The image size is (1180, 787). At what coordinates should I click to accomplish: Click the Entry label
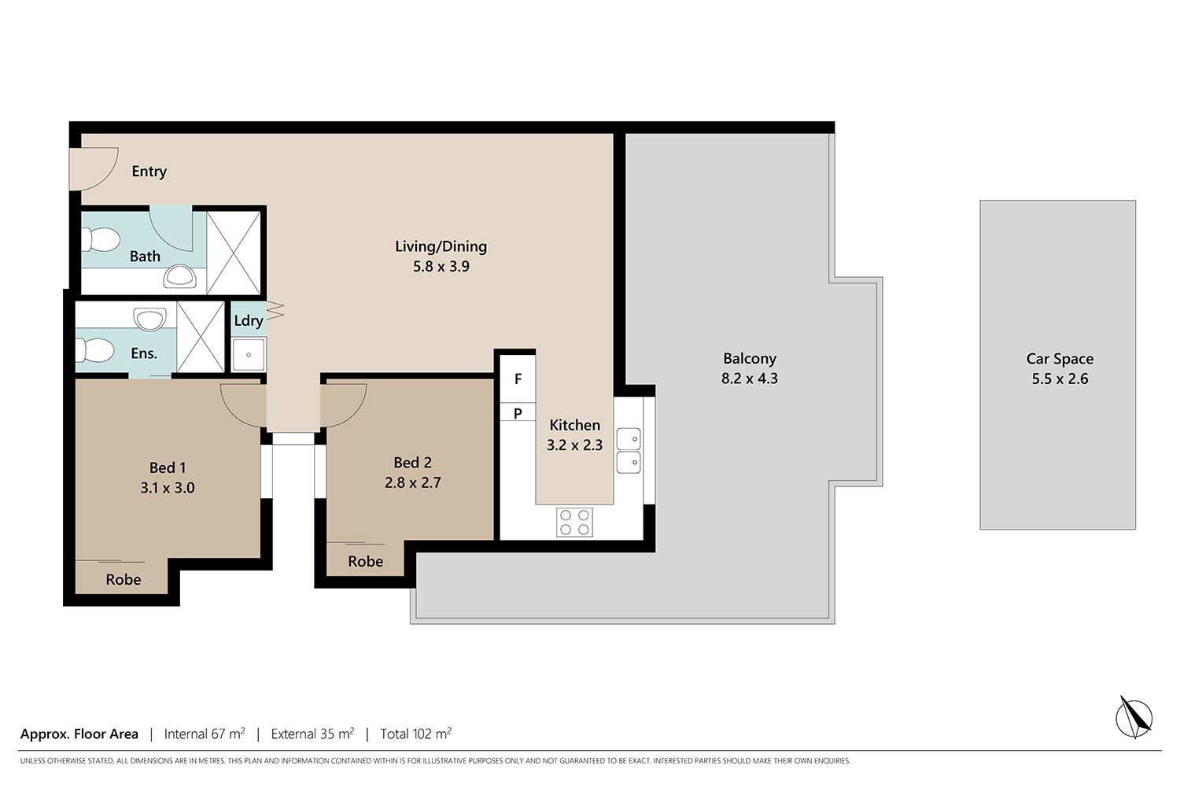149,172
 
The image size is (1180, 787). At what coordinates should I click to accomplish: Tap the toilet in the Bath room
100,239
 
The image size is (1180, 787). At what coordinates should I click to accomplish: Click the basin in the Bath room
179,277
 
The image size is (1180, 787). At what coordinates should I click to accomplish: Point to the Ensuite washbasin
149,320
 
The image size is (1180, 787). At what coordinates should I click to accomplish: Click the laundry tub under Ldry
249,354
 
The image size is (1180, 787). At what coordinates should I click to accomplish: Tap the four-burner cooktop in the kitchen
574,523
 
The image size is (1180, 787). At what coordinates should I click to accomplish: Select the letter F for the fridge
518,379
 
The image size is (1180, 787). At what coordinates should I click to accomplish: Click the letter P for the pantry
518,414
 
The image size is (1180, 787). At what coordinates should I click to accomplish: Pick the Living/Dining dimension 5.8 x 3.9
441,266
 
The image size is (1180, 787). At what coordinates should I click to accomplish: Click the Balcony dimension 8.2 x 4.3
749,379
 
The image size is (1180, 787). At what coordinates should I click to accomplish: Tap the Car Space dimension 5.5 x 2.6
1060,379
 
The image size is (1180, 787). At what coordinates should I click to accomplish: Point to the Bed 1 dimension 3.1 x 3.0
168,488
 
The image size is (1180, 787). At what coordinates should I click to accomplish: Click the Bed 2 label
412,462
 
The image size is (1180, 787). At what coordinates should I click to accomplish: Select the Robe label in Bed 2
365,561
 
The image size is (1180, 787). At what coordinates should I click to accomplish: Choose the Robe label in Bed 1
124,580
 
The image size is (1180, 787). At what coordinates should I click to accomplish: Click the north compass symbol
1134,718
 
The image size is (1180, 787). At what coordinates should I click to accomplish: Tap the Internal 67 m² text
205,733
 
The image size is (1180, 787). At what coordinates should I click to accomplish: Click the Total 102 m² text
415,733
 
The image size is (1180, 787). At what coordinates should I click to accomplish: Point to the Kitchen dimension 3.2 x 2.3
574,445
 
